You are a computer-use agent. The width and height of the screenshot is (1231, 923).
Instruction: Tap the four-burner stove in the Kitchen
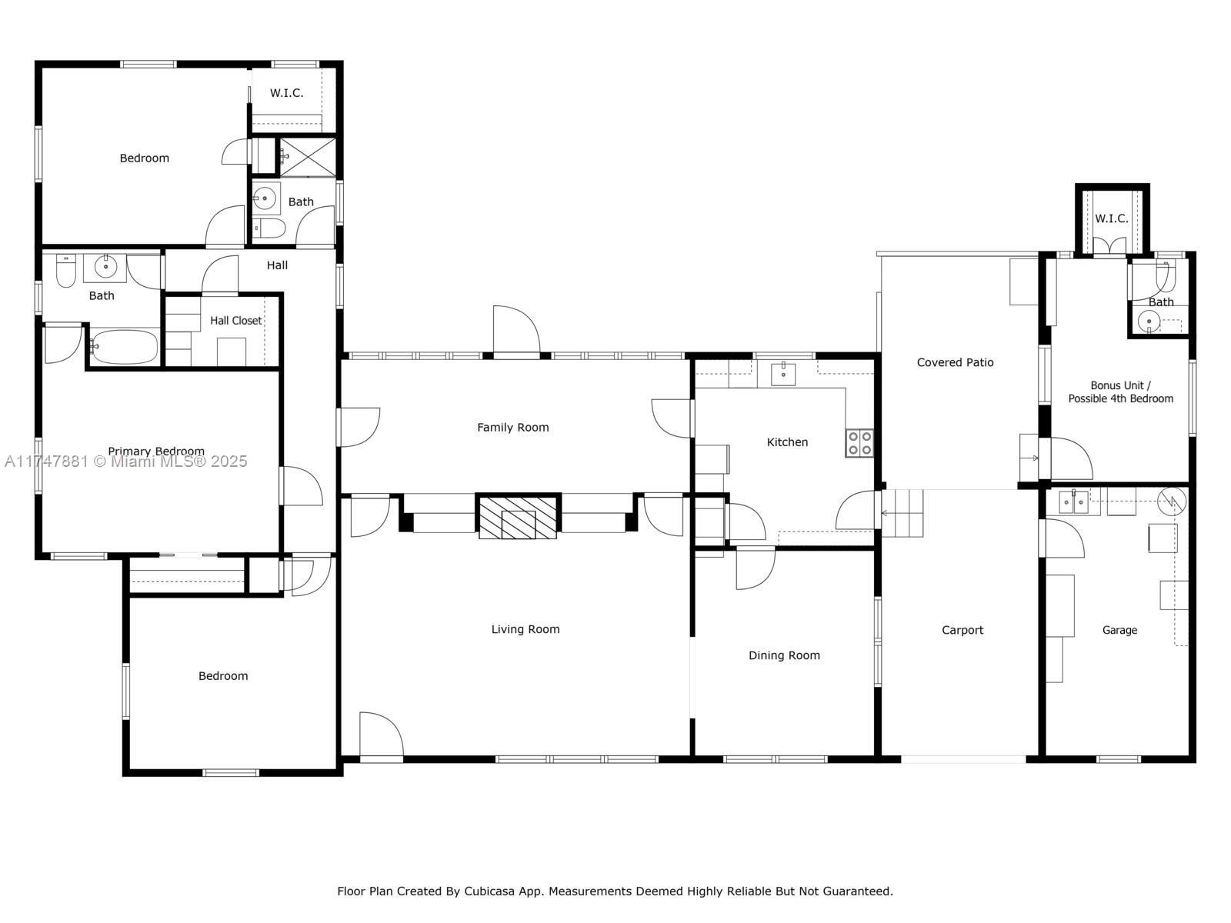point(859,443)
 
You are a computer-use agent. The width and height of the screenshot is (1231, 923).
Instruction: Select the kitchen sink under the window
point(782,374)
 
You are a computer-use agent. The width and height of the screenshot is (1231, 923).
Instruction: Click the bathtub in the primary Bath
point(124,346)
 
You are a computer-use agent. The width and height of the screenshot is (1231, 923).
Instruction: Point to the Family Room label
point(512,427)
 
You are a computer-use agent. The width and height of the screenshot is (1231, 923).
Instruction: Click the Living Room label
point(525,628)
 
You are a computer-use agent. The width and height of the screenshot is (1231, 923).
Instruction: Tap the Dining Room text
point(784,655)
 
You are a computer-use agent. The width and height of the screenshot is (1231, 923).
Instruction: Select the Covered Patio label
point(955,362)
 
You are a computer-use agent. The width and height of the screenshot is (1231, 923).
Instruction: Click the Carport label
point(962,630)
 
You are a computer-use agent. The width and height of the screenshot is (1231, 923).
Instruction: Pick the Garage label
point(1119,630)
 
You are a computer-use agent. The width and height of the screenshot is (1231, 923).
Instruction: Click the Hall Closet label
point(235,320)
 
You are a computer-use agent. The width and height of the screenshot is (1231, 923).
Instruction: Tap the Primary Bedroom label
point(156,452)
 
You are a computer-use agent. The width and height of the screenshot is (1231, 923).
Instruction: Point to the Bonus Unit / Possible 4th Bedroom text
point(1120,392)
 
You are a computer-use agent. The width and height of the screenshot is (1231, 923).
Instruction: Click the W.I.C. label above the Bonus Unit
point(1112,218)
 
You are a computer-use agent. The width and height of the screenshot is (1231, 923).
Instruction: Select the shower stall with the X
point(307,157)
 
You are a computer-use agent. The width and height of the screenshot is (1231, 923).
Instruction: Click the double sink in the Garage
point(1073,502)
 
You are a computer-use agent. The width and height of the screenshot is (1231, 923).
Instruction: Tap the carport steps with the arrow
point(902,513)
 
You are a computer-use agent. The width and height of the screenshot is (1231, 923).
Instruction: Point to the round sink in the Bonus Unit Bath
point(1148,322)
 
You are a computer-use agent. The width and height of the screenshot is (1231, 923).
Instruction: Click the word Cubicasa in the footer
point(489,891)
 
